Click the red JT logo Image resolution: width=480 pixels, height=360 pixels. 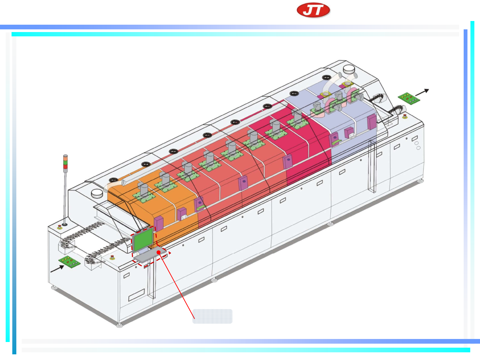click(313, 10)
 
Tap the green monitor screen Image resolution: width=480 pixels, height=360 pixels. click(143, 240)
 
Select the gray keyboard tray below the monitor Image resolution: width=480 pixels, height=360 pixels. click(150, 255)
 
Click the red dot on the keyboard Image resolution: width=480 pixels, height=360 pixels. click(159, 253)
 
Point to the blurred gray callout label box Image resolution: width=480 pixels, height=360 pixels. click(212, 316)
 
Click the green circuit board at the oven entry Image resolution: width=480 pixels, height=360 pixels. click(69, 262)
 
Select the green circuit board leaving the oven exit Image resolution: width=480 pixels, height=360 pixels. click(409, 98)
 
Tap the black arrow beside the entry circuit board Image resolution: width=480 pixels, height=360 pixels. click(57, 269)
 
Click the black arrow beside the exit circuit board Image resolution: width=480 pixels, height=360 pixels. click(422, 92)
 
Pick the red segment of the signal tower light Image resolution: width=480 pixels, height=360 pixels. click(65, 166)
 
